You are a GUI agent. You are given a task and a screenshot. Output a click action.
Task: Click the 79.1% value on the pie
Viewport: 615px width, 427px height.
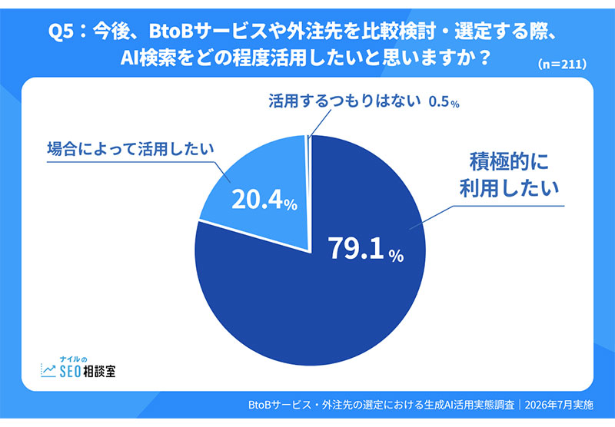367,248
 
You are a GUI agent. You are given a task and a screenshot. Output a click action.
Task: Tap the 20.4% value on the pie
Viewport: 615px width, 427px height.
264,200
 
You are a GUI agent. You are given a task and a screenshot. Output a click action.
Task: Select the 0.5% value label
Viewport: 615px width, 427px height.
444,102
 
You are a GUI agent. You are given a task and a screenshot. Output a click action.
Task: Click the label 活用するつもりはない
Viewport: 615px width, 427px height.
344,101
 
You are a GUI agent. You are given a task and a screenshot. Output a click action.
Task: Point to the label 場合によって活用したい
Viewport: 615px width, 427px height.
131,149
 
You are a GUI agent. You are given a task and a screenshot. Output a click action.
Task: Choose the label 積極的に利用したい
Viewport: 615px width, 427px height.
509,175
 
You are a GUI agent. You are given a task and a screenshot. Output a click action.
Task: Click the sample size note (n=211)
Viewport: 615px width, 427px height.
562,65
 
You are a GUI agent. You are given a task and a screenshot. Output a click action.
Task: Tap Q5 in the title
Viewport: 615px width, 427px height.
61,31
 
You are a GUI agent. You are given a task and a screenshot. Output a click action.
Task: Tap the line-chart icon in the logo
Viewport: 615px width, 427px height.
48,370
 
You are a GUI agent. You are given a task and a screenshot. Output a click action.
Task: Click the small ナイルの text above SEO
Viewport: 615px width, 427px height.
73,359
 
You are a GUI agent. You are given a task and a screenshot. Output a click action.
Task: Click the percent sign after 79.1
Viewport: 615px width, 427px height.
396,256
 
